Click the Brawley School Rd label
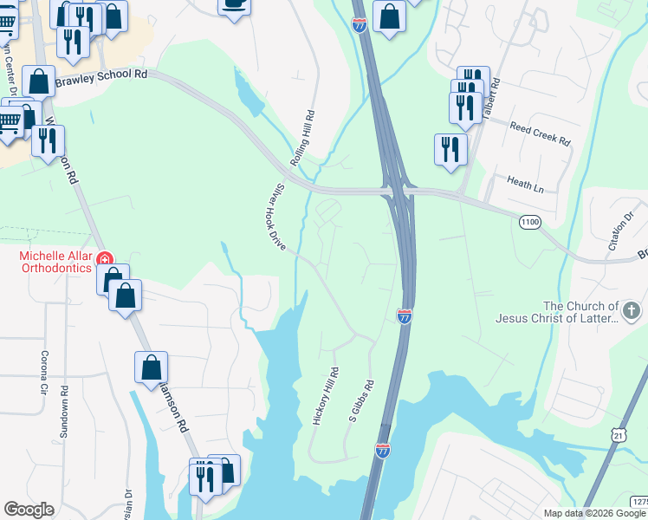[101, 78]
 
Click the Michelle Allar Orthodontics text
[55, 262]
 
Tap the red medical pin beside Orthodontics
[105, 258]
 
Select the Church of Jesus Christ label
[557, 312]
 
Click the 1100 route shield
[529, 224]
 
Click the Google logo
[29, 510]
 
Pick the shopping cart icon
[9, 123]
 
